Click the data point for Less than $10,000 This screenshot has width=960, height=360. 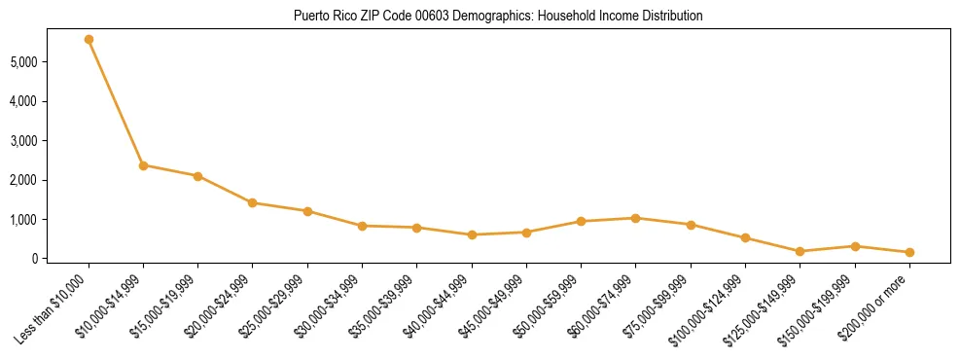(x=89, y=40)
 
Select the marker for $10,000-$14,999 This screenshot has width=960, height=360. (x=143, y=165)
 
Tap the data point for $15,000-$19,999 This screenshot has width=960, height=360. (x=197, y=176)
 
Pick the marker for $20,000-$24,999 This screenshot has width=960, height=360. (x=253, y=203)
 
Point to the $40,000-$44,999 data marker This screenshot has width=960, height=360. (x=472, y=234)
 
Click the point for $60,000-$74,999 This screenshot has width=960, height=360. (x=635, y=218)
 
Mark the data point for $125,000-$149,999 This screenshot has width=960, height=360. (x=800, y=251)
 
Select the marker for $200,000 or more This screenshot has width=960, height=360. (x=909, y=252)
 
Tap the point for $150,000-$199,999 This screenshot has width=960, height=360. (x=855, y=246)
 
